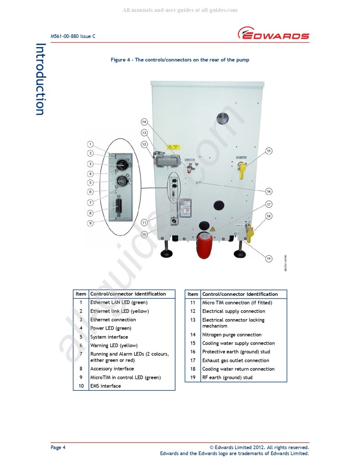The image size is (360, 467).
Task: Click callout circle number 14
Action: [144, 122]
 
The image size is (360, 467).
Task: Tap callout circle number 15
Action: [269, 151]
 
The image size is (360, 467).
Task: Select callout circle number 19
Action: [269, 258]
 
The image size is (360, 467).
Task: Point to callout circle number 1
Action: [91, 145]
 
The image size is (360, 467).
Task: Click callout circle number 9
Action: [91, 223]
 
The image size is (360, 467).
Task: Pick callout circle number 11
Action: [144, 223]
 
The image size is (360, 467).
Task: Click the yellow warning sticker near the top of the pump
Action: [173, 147]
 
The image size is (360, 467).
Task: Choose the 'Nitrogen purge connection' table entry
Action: [232, 335]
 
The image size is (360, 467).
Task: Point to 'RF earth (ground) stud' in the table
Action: [227, 378]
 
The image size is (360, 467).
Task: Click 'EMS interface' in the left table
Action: [105, 386]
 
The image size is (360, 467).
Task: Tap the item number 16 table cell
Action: [193, 352]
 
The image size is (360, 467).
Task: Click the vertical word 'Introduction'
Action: [41, 79]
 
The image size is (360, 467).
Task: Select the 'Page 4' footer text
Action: [58, 447]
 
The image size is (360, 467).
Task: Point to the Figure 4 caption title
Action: [180, 60]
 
